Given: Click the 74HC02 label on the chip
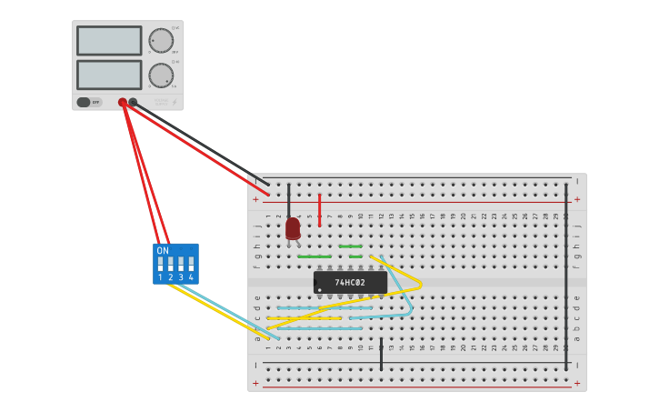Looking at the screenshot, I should pos(350,283).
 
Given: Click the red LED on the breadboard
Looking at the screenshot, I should pos(293,228).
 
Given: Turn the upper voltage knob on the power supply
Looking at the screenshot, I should pos(161,40).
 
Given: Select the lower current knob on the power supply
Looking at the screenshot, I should pos(161,75).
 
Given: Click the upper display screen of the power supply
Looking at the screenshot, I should pos(109,40).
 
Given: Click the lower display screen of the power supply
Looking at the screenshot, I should pos(109,74).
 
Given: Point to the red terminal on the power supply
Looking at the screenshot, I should pos(123,103).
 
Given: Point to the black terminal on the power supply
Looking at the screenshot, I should pos(133,103).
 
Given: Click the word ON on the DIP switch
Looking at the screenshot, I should pos(163,251).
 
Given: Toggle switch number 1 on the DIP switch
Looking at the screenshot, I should pos(161,265).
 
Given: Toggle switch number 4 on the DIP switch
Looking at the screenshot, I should pos(191,265).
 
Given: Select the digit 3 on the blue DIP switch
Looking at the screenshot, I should pos(181,277).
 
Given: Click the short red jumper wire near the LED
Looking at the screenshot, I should pos(319,210).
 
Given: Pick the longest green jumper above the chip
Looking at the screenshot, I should pos(315,256).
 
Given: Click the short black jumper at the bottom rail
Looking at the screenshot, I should pos(381,354).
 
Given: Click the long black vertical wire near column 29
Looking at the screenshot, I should pos(566,273).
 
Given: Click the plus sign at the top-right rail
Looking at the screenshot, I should pos(576,199).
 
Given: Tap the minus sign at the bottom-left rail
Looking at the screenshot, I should pos(255,365).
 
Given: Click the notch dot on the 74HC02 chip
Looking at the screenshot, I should pos(319,290).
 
